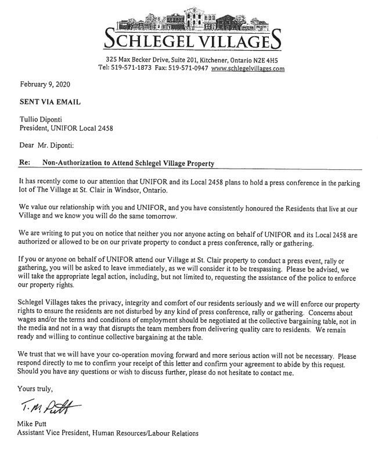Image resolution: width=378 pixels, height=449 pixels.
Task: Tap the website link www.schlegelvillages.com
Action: (248, 69)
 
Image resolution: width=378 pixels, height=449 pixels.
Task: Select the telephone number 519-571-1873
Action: (134, 69)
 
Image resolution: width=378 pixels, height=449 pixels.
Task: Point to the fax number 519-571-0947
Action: (187, 69)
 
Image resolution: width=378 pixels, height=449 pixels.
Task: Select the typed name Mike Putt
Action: (36, 423)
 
